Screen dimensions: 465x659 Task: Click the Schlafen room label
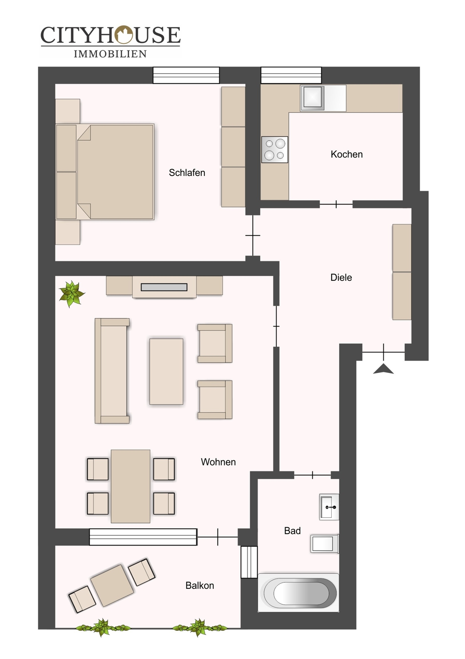pyautogui.click(x=187, y=173)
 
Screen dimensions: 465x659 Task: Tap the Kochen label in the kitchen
pyautogui.click(x=346, y=154)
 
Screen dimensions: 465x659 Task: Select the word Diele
pyautogui.click(x=341, y=277)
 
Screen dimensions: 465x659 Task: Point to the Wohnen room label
pyautogui.click(x=218, y=462)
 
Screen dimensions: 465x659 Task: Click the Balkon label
pyautogui.click(x=199, y=585)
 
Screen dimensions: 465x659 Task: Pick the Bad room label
pyautogui.click(x=292, y=531)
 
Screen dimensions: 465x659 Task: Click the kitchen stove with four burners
pyautogui.click(x=275, y=150)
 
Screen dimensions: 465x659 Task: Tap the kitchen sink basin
pyautogui.click(x=312, y=98)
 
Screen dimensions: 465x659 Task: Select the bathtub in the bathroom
pyautogui.click(x=298, y=593)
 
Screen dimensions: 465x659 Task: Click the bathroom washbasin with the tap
pyautogui.click(x=329, y=507)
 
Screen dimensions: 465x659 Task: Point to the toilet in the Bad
pyautogui.click(x=325, y=544)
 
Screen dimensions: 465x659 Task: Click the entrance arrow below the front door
pyautogui.click(x=383, y=369)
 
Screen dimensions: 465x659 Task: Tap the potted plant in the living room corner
pyautogui.click(x=71, y=294)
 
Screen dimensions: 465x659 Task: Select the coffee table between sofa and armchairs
pyautogui.click(x=166, y=372)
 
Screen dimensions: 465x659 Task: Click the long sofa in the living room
pyautogui.click(x=112, y=371)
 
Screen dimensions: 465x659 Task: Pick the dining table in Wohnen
pyautogui.click(x=130, y=486)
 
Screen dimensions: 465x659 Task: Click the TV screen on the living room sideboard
pyautogui.click(x=164, y=287)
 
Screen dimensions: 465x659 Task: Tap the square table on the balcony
pyautogui.click(x=112, y=585)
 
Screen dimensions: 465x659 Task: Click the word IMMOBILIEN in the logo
pyautogui.click(x=110, y=54)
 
